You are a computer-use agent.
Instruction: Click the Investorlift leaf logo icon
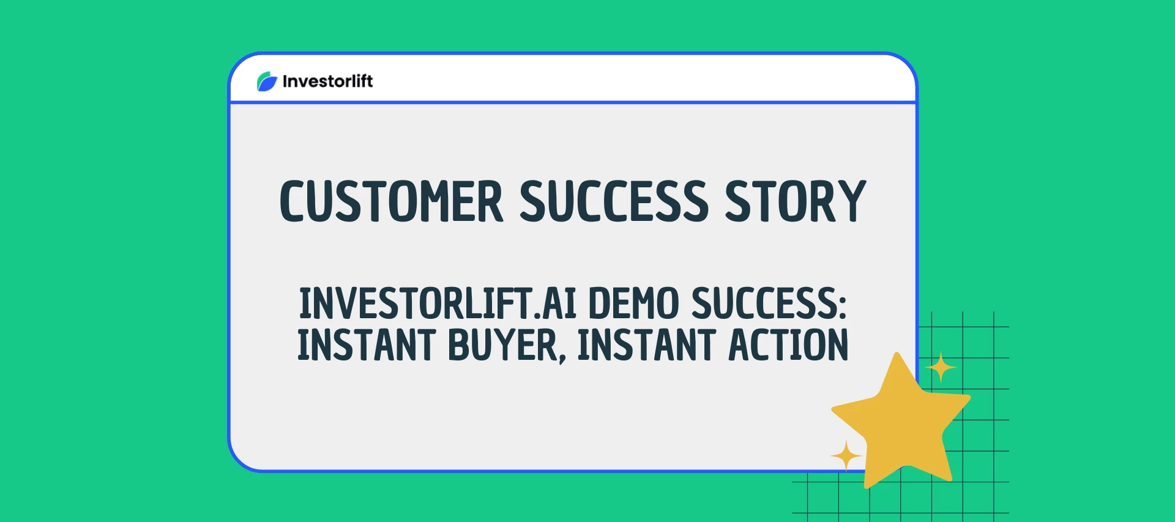[267, 81]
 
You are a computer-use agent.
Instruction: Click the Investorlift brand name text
[327, 81]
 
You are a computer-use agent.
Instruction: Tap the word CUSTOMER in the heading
[391, 201]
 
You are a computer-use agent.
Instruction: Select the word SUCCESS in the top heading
[614, 201]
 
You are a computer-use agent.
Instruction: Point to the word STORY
[795, 201]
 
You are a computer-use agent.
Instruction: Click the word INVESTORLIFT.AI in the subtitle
[438, 304]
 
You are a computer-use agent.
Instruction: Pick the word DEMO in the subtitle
[633, 304]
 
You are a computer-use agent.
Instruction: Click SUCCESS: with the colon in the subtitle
[769, 304]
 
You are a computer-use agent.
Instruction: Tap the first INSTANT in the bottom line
[366, 345]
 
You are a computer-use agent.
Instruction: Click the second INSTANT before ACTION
[646, 345]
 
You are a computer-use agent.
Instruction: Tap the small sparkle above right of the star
[941, 367]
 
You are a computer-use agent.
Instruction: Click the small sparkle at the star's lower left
[846, 456]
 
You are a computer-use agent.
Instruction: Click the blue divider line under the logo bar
[572, 102]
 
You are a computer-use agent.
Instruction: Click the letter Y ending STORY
[852, 201]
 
